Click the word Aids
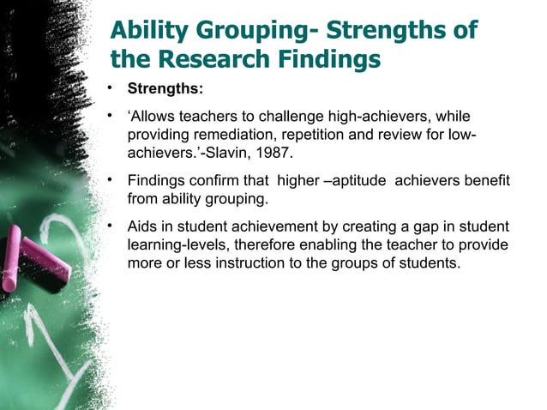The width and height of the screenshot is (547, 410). pos(143,227)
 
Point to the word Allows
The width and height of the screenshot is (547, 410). pos(154,117)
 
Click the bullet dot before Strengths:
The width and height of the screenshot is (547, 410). pos(111,87)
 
